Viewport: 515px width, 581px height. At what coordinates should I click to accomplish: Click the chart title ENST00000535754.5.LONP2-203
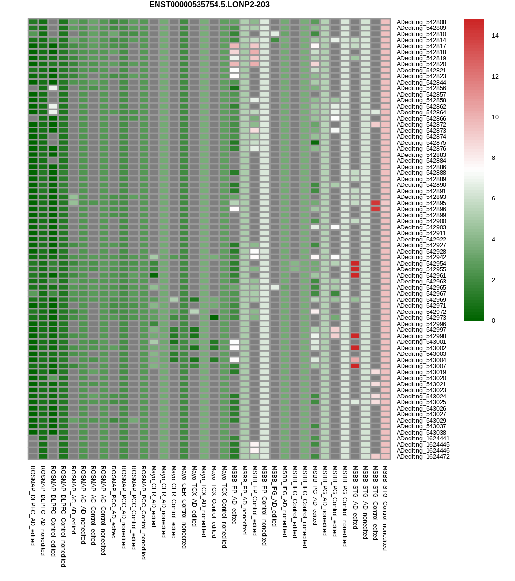click(x=209, y=5)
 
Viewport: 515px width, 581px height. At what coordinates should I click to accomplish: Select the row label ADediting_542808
click(x=421, y=22)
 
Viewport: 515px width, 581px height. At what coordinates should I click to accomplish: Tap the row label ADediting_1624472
click(x=423, y=457)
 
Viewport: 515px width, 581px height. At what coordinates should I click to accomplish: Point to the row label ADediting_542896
click(x=421, y=209)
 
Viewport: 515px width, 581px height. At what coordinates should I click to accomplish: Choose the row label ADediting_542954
click(x=421, y=264)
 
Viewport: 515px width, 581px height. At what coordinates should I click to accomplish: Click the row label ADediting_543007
click(x=421, y=366)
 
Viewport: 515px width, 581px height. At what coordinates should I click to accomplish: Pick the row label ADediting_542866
click(x=421, y=119)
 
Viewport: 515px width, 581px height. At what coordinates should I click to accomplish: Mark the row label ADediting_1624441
click(x=423, y=439)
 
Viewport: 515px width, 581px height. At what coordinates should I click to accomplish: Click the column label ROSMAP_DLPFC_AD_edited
click(x=33, y=506)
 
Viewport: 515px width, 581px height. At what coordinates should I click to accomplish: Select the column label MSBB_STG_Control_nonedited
click(x=385, y=508)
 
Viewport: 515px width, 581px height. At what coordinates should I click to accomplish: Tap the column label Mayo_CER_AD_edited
click(x=154, y=496)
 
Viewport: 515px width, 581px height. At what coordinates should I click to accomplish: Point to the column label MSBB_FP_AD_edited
click(x=234, y=495)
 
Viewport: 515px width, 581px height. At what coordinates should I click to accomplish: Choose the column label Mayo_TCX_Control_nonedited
click(x=224, y=507)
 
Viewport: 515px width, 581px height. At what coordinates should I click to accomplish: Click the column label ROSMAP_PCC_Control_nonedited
click(x=143, y=512)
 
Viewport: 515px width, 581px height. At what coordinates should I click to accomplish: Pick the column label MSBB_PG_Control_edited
click(x=335, y=501)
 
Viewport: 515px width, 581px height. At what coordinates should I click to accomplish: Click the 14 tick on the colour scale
click(x=495, y=36)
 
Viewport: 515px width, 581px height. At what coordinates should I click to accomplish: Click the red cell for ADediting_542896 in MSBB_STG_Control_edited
click(x=375, y=209)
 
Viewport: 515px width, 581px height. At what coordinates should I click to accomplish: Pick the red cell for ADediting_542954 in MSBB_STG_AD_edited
click(x=355, y=264)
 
